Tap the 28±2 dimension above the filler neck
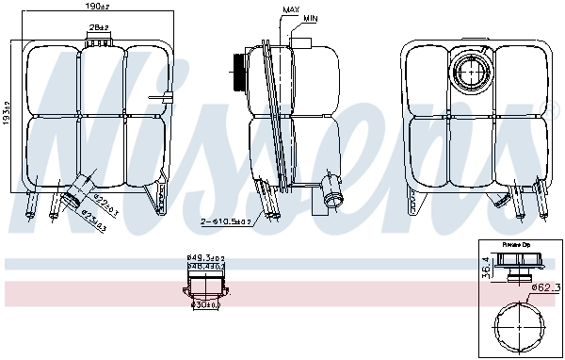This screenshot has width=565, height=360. click(x=98, y=29)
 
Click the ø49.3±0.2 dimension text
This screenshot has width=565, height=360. click(x=205, y=256)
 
